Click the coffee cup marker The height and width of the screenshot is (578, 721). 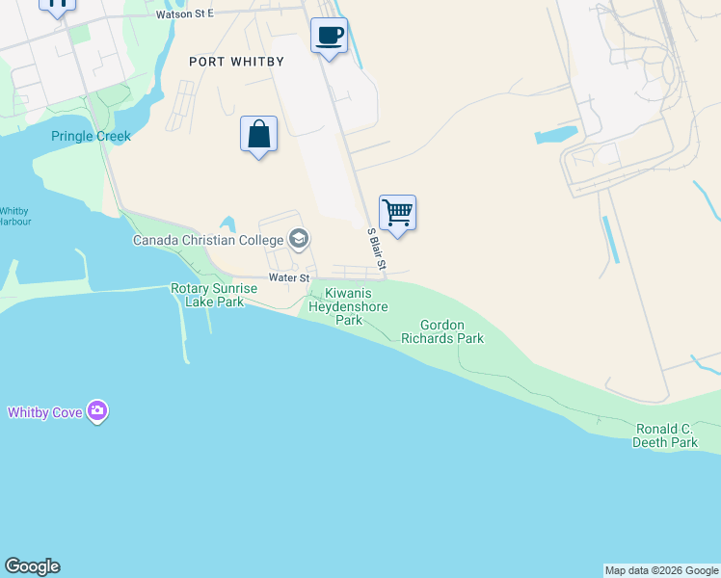tap(329, 37)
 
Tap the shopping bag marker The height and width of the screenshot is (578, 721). tap(258, 135)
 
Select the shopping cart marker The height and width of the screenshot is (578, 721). tap(397, 214)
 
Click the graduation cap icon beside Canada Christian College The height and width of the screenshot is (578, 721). tap(299, 239)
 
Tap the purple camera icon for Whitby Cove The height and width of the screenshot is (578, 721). tap(96, 411)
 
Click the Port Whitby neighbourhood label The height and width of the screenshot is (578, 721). tap(236, 62)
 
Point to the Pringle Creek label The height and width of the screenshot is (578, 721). tap(91, 136)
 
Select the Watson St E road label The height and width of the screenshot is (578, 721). tap(184, 13)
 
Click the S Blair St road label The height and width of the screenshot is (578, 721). tap(376, 249)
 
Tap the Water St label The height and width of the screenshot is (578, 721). tap(287, 277)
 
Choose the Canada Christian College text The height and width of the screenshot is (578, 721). tap(207, 240)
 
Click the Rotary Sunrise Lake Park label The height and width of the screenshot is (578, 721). tap(214, 295)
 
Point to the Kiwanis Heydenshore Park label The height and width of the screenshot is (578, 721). tap(348, 306)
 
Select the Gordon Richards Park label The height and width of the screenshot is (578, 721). tap(441, 332)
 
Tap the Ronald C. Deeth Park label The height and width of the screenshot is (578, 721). tap(665, 435)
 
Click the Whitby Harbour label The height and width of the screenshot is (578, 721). tap(14, 216)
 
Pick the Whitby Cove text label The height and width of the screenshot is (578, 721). tap(44, 412)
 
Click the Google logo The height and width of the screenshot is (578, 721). tap(32, 566)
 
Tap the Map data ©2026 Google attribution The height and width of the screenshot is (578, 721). tap(661, 570)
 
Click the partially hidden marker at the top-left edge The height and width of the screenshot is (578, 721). tap(58, 5)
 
